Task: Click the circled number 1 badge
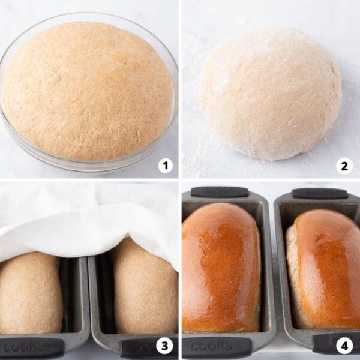tap(165, 166)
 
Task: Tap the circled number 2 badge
tap(344, 166)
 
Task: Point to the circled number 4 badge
tap(344, 346)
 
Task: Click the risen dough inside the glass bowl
tap(87, 90)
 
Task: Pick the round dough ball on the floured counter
tap(270, 93)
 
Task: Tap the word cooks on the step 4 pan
tap(211, 346)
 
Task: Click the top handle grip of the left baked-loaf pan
tap(220, 191)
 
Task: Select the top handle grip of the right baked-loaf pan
tap(319, 193)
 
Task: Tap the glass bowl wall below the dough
tap(90, 164)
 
